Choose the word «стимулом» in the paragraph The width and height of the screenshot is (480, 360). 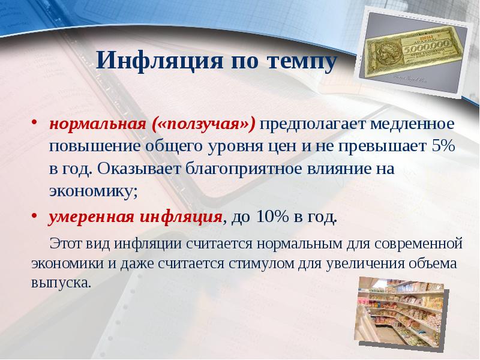coord(258,262)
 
